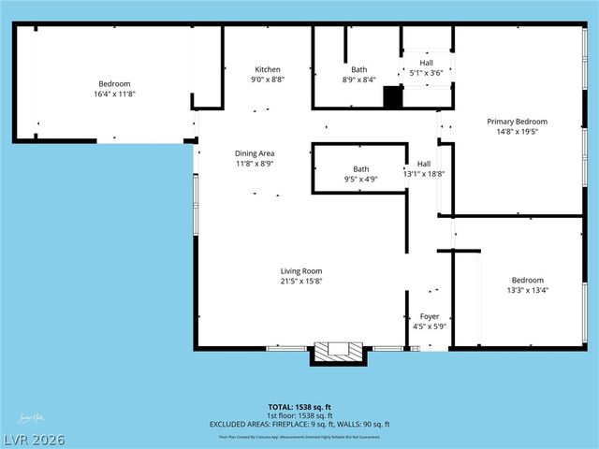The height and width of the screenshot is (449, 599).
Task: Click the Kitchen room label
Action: coord(268,69)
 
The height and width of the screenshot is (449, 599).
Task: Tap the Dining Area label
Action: coord(254,153)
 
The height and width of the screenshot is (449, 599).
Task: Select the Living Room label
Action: coord(300,270)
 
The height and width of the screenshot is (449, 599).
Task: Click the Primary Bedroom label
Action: coord(517,122)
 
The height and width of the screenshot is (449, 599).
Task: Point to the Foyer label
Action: coord(431,316)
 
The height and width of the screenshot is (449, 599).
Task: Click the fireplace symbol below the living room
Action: coord(336,352)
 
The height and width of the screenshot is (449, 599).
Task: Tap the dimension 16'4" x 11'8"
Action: coord(115,94)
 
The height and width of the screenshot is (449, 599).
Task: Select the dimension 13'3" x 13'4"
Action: coord(527,290)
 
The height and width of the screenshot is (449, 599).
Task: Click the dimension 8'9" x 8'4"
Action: coord(358,80)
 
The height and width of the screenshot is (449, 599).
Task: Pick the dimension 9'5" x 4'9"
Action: coord(360,179)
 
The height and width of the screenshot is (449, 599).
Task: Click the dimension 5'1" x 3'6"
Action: coord(426,72)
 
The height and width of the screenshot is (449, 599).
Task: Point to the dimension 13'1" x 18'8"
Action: coord(424,173)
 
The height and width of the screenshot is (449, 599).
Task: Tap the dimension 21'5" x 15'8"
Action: coord(300,281)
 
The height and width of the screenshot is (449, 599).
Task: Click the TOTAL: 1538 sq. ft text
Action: coord(299,407)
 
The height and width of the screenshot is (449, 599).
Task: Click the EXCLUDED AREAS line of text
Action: coord(299,424)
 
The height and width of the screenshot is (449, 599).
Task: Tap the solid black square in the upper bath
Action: coord(392,96)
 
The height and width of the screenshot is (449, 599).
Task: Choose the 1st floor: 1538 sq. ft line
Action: coord(299,415)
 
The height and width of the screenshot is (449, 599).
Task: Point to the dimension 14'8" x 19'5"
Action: coord(517,132)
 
